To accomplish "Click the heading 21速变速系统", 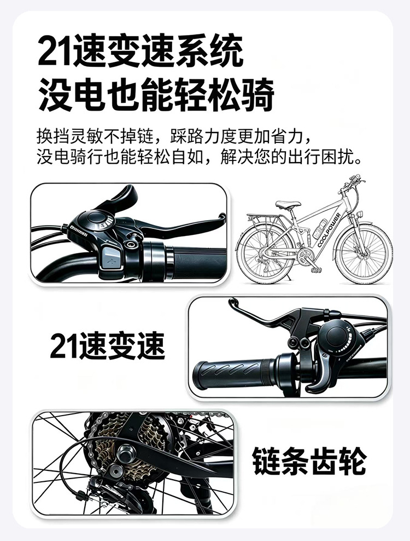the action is [x=140, y=51].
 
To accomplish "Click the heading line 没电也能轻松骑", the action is [x=156, y=95].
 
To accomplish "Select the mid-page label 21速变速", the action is [x=108, y=346].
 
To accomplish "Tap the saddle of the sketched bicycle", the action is [x=288, y=204].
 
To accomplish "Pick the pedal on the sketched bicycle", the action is [x=317, y=269].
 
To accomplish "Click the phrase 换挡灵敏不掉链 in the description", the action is [x=95, y=137].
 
